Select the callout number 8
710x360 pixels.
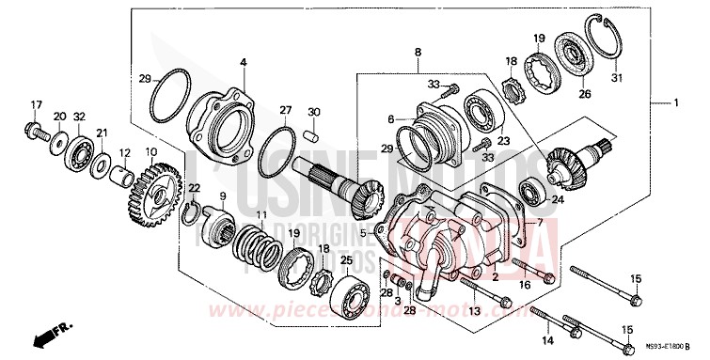418,54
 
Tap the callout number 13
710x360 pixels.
473,310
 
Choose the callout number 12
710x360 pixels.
124,152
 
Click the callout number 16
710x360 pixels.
524,283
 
